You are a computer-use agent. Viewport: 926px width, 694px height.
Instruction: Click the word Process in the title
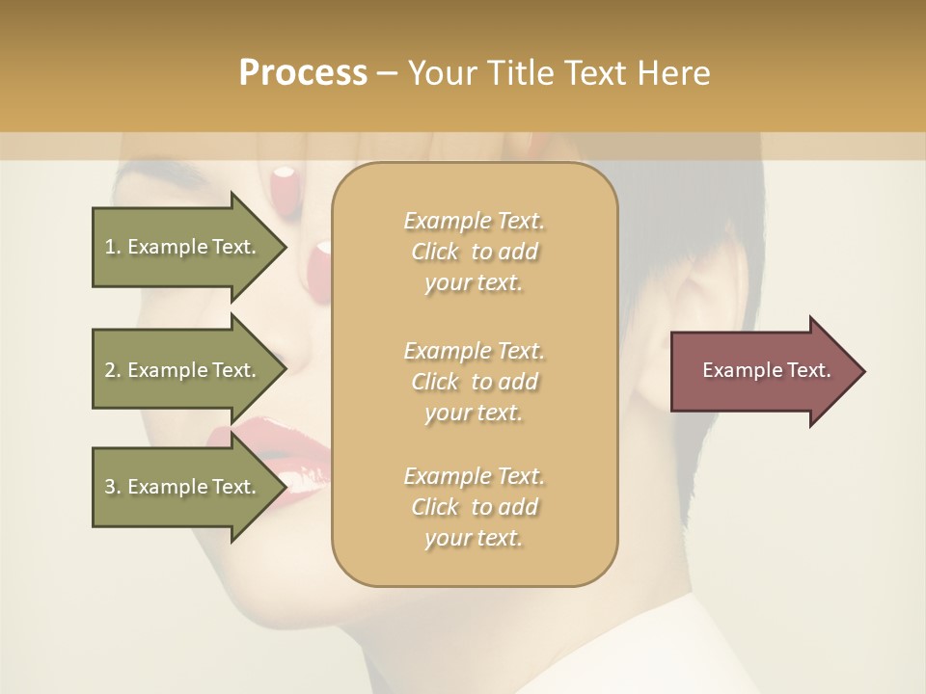303,73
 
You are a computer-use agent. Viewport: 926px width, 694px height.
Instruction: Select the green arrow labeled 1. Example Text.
183,247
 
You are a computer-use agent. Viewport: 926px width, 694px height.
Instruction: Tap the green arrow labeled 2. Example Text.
183,370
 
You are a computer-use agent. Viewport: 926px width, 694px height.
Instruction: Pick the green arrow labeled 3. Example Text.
183,487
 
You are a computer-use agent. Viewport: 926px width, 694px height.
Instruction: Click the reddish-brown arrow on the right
762,371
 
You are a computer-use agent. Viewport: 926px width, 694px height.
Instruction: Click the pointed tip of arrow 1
284,247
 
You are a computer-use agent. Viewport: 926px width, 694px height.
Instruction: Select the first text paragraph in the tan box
474,252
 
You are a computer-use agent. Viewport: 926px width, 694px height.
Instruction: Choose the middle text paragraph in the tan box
474,381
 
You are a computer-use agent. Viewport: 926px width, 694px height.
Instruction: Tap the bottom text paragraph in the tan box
474,507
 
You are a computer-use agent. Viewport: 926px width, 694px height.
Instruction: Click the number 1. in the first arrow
112,247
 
